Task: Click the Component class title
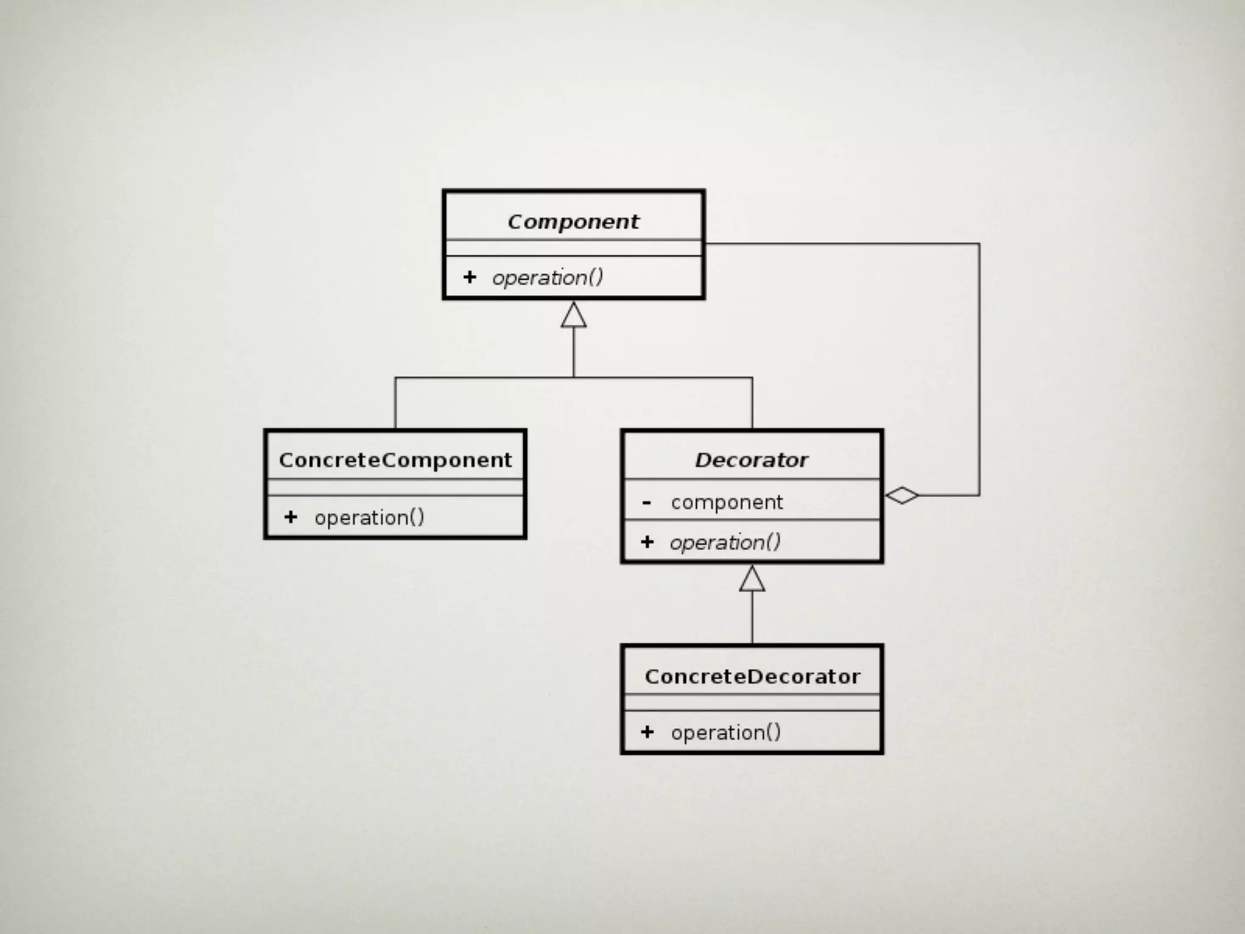573,222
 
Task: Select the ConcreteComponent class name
395,460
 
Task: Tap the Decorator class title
751,460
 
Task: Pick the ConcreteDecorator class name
752,677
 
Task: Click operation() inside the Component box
548,278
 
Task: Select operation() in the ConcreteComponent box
369,517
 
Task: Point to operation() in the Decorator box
725,542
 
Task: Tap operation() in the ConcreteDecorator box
725,733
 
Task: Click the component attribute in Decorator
726,502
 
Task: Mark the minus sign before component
647,503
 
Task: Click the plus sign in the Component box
469,277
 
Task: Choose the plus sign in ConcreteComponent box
291,517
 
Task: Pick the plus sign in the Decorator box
647,542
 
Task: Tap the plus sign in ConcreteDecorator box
647,732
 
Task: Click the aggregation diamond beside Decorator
902,496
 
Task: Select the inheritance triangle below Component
573,315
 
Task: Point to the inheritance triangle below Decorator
752,579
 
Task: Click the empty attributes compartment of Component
573,248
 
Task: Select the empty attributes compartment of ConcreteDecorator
752,702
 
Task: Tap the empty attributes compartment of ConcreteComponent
395,487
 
